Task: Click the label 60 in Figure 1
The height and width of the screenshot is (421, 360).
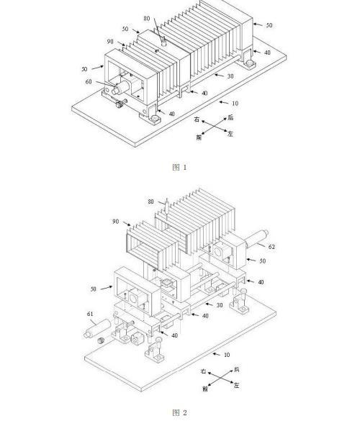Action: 89,81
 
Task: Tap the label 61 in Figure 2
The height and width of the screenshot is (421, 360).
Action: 90,314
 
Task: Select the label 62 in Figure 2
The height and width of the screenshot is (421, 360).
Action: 271,246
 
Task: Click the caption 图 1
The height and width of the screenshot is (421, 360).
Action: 179,167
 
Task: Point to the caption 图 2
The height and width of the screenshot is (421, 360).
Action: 179,412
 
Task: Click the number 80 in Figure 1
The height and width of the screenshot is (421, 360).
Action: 147,18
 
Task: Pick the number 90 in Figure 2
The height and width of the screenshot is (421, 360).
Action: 115,221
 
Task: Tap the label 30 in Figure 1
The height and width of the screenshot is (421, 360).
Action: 230,76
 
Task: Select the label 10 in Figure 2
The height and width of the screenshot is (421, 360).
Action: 227,355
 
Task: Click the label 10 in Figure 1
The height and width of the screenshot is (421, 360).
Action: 235,104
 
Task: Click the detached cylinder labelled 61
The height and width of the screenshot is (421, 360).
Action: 97,328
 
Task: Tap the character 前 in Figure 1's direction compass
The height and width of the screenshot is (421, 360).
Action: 199,137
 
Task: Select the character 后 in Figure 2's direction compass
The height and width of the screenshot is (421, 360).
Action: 236,369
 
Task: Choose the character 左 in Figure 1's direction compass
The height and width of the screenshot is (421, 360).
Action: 230,133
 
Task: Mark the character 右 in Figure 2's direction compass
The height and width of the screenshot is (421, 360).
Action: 203,371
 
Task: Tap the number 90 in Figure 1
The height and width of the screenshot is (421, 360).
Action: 110,41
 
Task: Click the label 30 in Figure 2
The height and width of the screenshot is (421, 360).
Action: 220,305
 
